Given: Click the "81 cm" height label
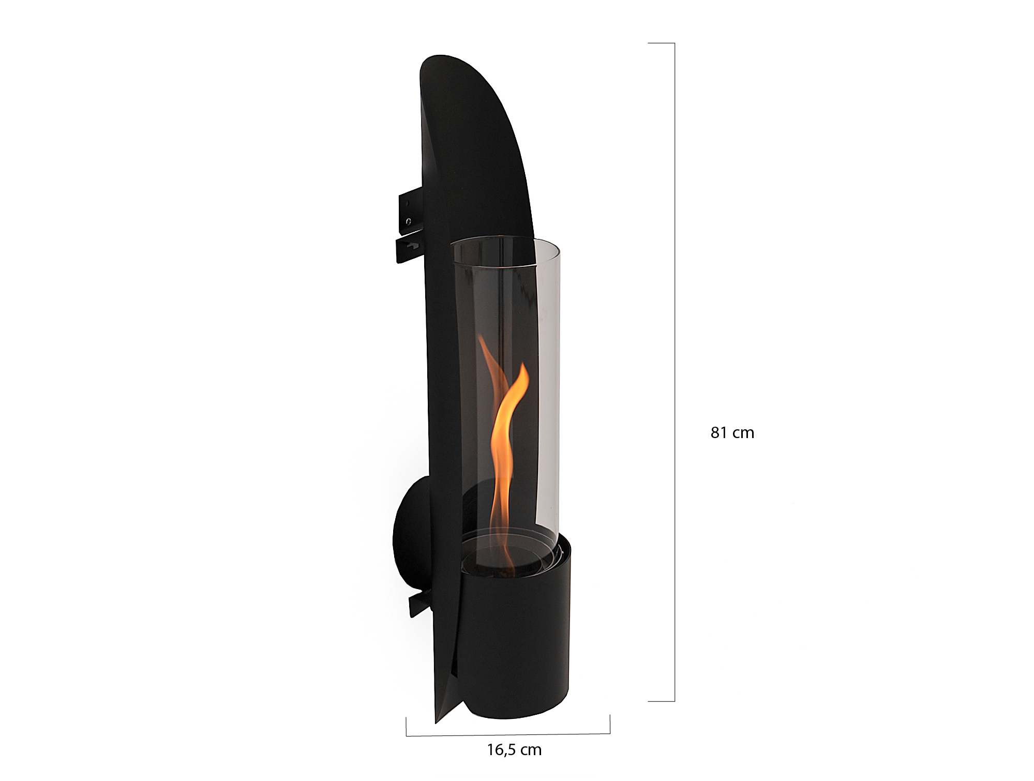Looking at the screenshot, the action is pos(732,433).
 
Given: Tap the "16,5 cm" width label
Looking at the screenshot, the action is pos(514,749).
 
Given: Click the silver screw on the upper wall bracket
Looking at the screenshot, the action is pos(409,221).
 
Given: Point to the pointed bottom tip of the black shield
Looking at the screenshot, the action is pos(436,722).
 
